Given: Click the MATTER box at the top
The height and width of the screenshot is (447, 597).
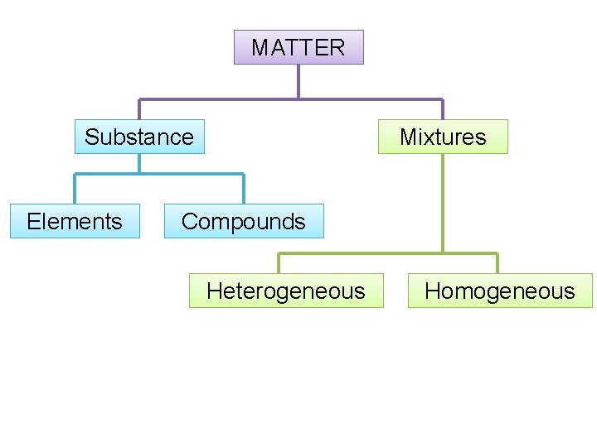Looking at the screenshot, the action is click(x=298, y=47).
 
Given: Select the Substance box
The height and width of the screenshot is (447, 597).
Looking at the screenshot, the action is click(x=139, y=137).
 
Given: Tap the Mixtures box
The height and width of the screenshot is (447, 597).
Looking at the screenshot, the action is click(x=443, y=137).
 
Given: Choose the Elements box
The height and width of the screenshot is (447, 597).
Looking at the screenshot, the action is click(x=75, y=221).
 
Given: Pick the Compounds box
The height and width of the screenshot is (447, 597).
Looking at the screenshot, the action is click(x=244, y=221).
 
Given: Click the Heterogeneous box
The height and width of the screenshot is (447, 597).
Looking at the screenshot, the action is click(x=286, y=291).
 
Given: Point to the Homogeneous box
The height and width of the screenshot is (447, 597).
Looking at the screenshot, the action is click(x=500, y=291).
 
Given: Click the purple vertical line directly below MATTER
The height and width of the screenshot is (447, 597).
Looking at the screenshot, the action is click(x=298, y=81).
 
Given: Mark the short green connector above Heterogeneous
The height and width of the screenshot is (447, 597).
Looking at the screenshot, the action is click(x=279, y=263).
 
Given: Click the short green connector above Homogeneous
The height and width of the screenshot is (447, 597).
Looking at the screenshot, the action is click(x=498, y=263).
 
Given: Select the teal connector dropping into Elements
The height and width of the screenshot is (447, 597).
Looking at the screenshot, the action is click(x=75, y=189).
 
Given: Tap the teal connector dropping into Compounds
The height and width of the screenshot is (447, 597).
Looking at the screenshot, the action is click(x=244, y=189).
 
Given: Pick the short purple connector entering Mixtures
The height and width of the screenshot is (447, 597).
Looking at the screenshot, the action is click(x=443, y=109).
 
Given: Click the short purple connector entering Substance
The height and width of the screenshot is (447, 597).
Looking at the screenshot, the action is click(x=139, y=109).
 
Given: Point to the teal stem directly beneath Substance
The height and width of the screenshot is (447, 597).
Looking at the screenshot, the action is click(x=139, y=163).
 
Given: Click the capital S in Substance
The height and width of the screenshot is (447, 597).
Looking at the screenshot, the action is click(x=91, y=137).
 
